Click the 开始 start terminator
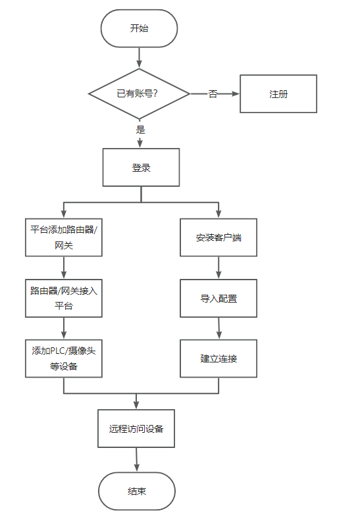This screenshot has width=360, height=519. click(x=139, y=28)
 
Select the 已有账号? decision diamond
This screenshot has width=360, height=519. click(x=139, y=93)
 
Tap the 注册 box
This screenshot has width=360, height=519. click(x=278, y=93)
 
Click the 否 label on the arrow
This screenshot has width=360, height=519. click(x=213, y=94)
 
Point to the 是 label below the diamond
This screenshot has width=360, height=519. click(x=140, y=130)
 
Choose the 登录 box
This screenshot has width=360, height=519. click(x=141, y=168)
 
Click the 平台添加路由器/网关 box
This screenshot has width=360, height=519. click(x=64, y=237)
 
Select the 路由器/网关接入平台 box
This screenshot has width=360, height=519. click(x=64, y=298)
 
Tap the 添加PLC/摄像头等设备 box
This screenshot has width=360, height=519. click(x=64, y=358)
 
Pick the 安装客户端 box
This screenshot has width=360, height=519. click(x=219, y=237)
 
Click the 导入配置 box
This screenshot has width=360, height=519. click(x=219, y=298)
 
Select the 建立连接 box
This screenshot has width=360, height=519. click(x=219, y=358)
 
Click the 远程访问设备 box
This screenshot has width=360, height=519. click(x=136, y=429)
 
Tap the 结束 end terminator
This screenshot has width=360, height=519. click(x=137, y=491)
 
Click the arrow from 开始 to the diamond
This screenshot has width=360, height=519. click(x=139, y=58)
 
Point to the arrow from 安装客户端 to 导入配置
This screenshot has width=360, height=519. click(x=219, y=268)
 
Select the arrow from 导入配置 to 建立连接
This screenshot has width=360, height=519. click(x=219, y=328)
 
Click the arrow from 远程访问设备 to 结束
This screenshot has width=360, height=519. click(x=136, y=460)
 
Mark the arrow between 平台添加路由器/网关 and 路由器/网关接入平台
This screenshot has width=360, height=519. click(x=64, y=268)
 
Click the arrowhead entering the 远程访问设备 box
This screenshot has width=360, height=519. click(x=136, y=405)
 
